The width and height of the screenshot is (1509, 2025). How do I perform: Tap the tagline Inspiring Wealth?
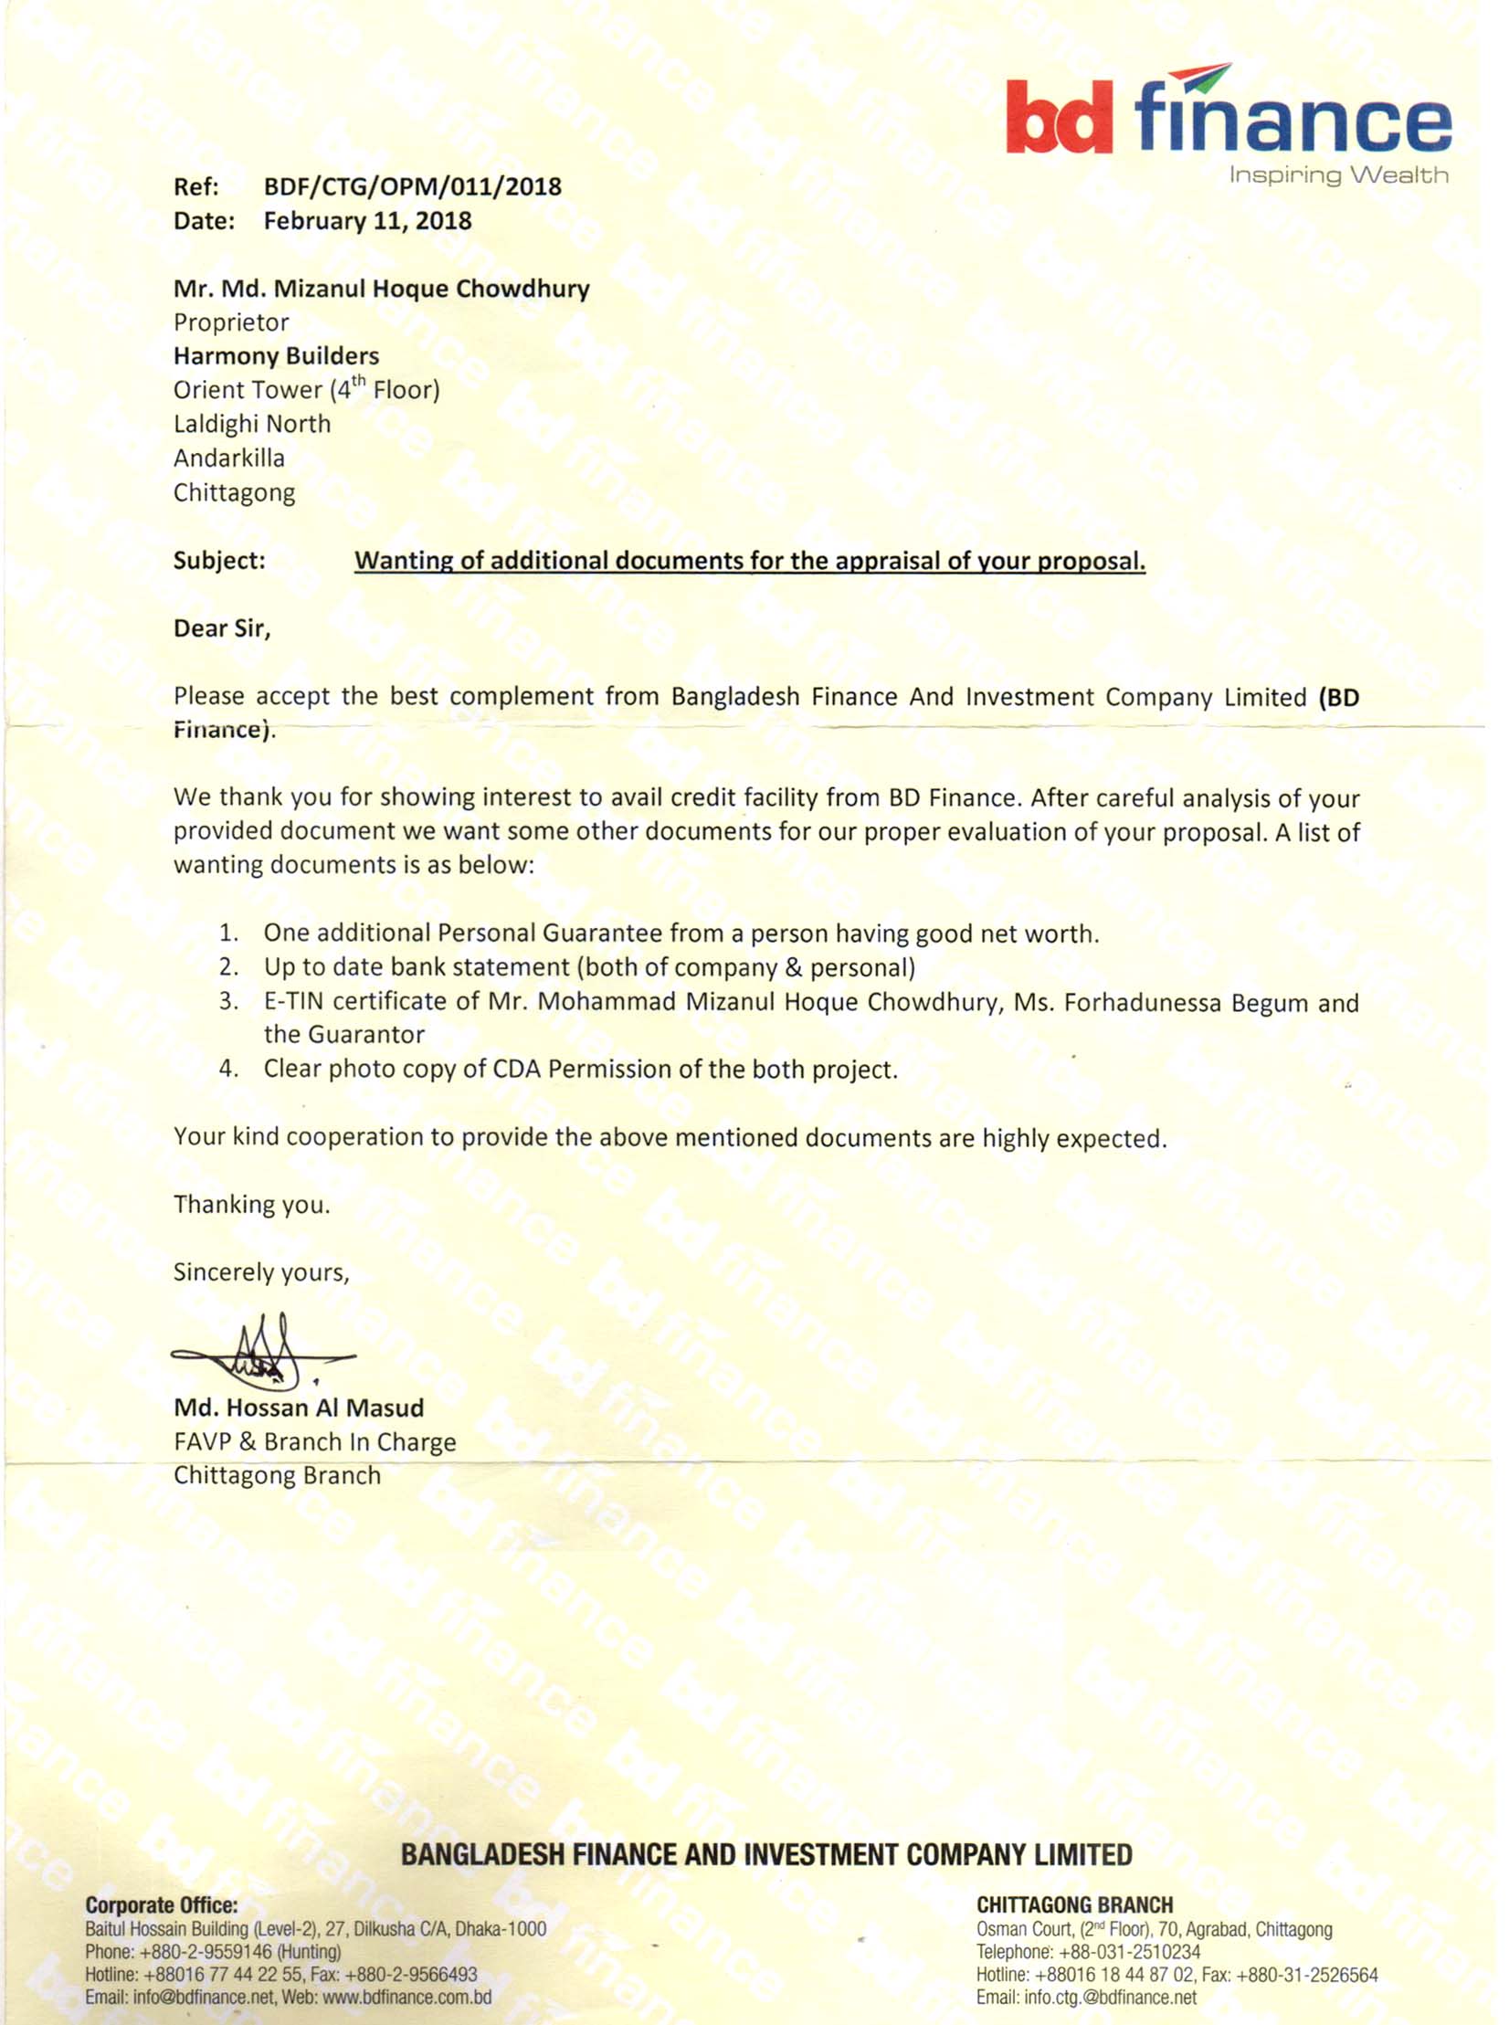(1337, 174)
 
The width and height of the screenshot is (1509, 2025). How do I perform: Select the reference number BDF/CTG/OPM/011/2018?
(412, 186)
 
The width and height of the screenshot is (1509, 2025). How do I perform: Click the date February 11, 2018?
(367, 221)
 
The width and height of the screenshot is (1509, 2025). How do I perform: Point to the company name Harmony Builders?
(276, 356)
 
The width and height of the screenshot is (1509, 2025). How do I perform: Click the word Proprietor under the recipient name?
(231, 322)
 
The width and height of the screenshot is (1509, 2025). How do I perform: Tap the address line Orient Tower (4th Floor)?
(306, 390)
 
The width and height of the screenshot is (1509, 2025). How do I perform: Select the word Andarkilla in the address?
(229, 458)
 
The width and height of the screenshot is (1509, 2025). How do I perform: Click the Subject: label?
(219, 560)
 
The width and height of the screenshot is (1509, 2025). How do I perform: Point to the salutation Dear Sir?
(222, 628)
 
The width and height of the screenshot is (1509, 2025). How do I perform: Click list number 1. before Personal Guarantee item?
(228, 933)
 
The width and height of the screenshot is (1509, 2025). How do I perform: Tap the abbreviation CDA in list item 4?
(516, 1069)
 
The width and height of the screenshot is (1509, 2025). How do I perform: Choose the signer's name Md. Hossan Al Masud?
(299, 1408)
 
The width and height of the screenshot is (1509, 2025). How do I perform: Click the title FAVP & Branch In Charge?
(314, 1441)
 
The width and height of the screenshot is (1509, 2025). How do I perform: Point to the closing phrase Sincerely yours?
(261, 1272)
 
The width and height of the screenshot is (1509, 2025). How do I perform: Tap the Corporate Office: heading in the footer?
(161, 1904)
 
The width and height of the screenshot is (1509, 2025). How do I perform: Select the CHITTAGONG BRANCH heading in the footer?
(1074, 1904)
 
